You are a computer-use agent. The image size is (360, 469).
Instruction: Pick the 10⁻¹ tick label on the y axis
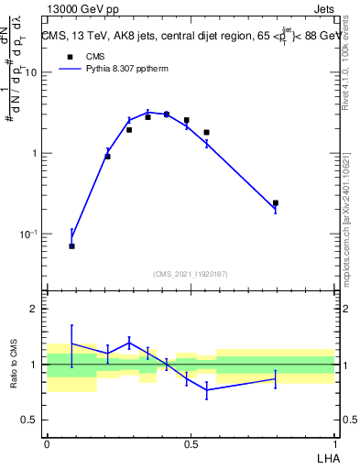(x=30, y=234)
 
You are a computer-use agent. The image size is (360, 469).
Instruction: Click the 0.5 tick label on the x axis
(x=191, y=443)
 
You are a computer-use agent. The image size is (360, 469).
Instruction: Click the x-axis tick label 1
(x=334, y=443)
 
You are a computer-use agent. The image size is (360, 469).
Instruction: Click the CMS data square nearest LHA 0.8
(x=276, y=203)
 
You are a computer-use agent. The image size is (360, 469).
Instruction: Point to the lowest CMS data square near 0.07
(x=71, y=246)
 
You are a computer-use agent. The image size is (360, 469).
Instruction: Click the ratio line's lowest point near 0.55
(x=207, y=390)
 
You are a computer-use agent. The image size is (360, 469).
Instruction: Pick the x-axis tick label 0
(x=47, y=443)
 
